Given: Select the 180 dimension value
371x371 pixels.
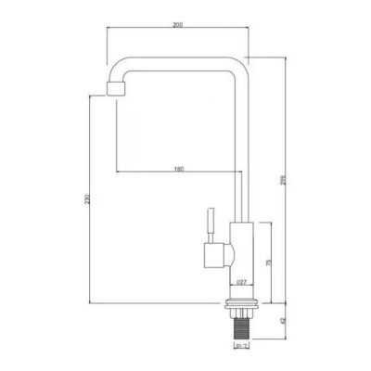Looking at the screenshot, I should point(176,168).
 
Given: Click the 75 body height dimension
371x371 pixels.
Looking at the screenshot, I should point(269,263).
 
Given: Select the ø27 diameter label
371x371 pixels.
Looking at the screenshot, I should point(239,282).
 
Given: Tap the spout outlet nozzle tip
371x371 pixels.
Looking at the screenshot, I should point(115,89).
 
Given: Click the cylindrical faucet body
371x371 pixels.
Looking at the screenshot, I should point(240,260).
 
